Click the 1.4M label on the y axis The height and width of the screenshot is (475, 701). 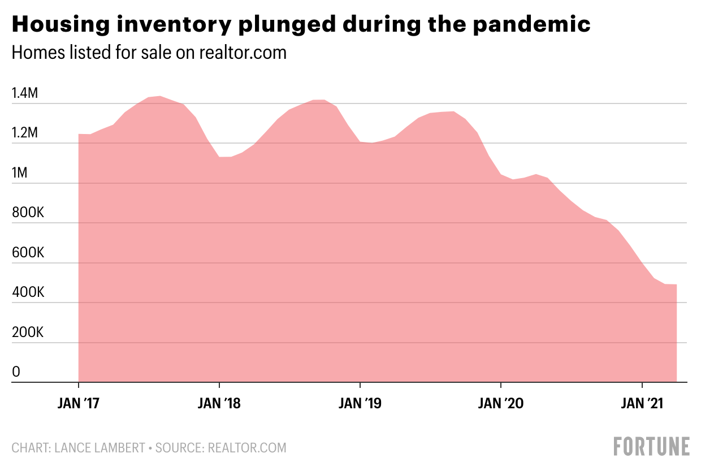(25, 94)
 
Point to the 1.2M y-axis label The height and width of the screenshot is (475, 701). (25, 134)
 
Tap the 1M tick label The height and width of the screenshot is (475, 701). (19, 174)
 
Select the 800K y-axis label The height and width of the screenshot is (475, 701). (28, 213)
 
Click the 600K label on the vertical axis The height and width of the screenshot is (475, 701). (28, 253)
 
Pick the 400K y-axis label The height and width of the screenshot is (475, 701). (28, 293)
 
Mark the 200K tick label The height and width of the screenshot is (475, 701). (28, 332)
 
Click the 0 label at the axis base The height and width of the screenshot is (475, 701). (16, 372)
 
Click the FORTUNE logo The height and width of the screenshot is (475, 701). (652, 446)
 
